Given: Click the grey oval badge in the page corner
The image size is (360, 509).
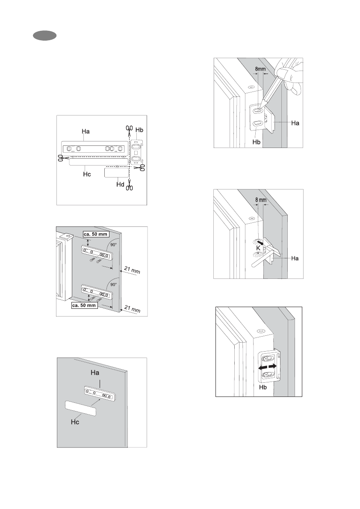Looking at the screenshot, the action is (45, 36).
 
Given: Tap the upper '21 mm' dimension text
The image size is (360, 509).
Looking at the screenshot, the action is (131, 270).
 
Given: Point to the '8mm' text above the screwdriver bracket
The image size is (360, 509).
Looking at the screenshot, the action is (260, 68).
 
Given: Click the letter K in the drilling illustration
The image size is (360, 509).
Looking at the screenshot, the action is (258, 248).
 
